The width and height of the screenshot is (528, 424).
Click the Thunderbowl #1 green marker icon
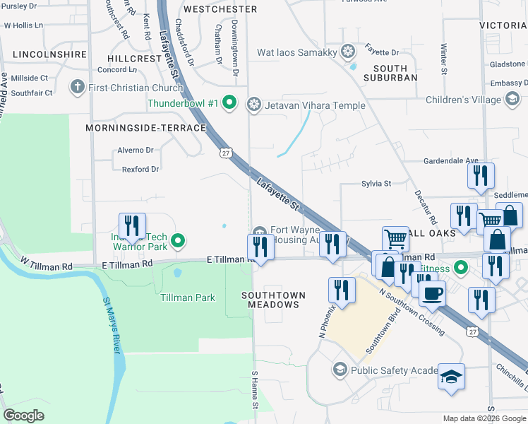point(229,104)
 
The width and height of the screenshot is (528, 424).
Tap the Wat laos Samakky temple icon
point(347,51)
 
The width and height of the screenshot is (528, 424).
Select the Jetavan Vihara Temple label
point(315,105)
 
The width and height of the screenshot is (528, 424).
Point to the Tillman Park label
point(187,298)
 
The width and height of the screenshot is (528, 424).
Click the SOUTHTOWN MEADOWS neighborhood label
point(274,299)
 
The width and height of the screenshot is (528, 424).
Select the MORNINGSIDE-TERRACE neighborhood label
point(145,128)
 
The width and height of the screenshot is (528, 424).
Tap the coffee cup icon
point(432,293)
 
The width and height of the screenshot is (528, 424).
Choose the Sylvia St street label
point(376,184)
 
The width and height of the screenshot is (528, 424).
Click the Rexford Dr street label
point(140,170)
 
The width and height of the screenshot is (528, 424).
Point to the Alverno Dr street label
point(135,150)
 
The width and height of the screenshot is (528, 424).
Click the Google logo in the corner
point(23,416)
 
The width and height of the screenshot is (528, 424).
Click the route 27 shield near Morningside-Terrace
point(224,153)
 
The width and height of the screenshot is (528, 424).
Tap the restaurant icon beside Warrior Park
point(132,225)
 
